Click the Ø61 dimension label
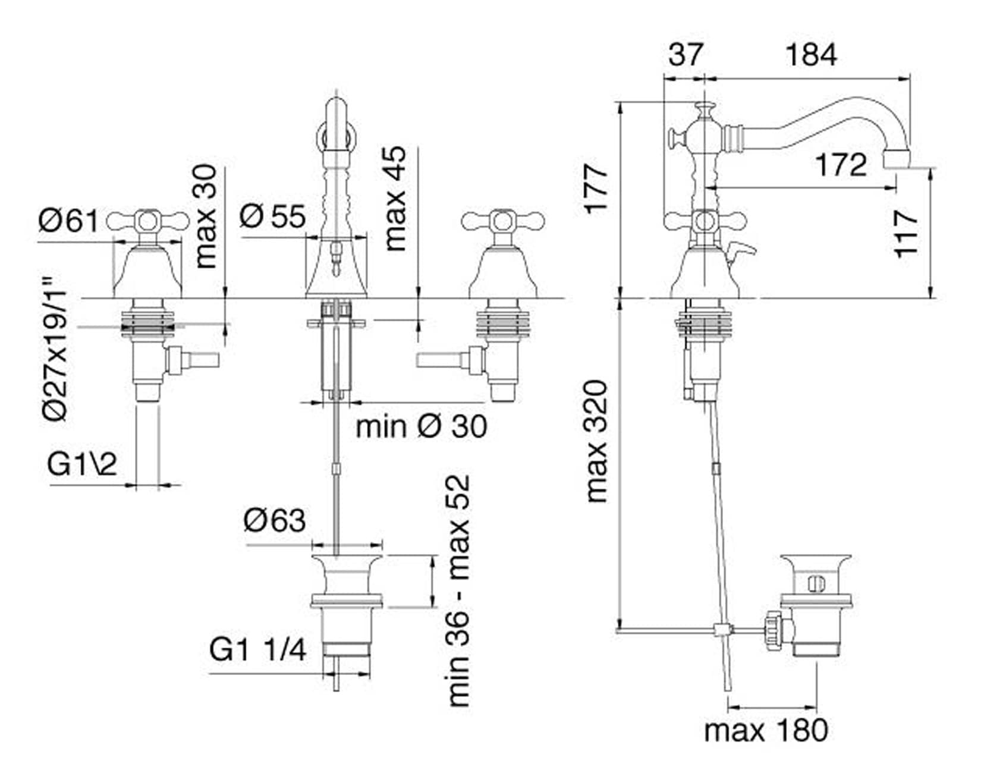coord(68,221)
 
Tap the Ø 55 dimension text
coord(273,216)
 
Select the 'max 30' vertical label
coord(206,216)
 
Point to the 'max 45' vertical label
coord(395,199)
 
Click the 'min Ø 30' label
coord(421,426)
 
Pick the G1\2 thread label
coord(82,464)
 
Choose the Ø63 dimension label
coord(274,521)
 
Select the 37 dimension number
coord(685,55)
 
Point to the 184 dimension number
coord(811,55)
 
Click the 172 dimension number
coord(841,164)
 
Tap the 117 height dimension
coord(907,233)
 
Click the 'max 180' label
coord(766,730)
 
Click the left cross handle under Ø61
coord(147,222)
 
